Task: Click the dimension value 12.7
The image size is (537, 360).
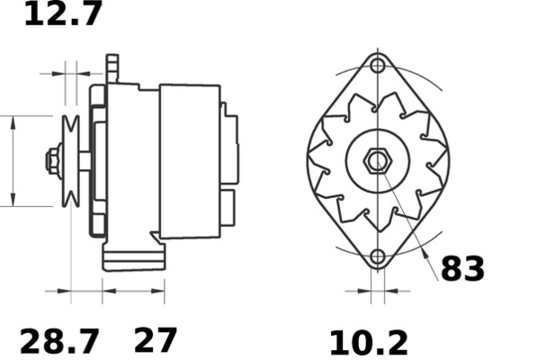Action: tap(62, 14)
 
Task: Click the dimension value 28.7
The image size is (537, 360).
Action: tap(59, 341)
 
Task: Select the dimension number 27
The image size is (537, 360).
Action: tap(156, 340)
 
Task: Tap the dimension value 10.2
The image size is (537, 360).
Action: tap(367, 342)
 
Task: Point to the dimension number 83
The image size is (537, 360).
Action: tap(462, 268)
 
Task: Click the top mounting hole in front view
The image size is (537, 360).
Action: tap(378, 67)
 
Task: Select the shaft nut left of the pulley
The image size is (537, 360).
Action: tap(52, 161)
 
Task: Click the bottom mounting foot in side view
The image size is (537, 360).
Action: tap(132, 256)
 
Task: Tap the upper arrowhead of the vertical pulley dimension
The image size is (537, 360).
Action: tap(13, 121)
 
